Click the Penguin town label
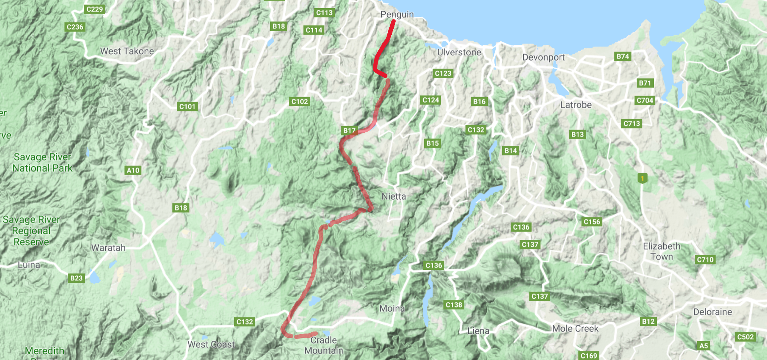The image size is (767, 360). tap(397, 14)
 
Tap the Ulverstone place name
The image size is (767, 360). tap(459, 52)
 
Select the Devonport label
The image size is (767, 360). tap(543, 57)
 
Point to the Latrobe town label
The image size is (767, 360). tap(576, 105)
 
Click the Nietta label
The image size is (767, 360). tap(394, 196)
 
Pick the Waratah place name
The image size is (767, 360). tap(108, 248)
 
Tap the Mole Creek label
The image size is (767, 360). tap(575, 328)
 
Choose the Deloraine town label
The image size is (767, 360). tap(712, 312)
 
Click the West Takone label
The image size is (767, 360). tap(127, 51)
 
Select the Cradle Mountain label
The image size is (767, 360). tap(323, 345)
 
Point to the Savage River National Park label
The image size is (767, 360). tap(42, 162)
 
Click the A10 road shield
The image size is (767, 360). tap(133, 170)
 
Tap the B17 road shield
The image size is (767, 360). tap(349, 130)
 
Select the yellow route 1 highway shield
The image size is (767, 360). tap(642, 178)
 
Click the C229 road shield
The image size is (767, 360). tap(95, 9)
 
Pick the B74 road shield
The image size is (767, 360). tap(623, 56)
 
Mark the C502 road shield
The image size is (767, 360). tap(745, 337)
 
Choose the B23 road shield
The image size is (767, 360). tap(76, 278)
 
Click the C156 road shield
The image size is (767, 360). tap(592, 222)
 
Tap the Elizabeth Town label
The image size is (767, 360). tap(662, 251)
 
